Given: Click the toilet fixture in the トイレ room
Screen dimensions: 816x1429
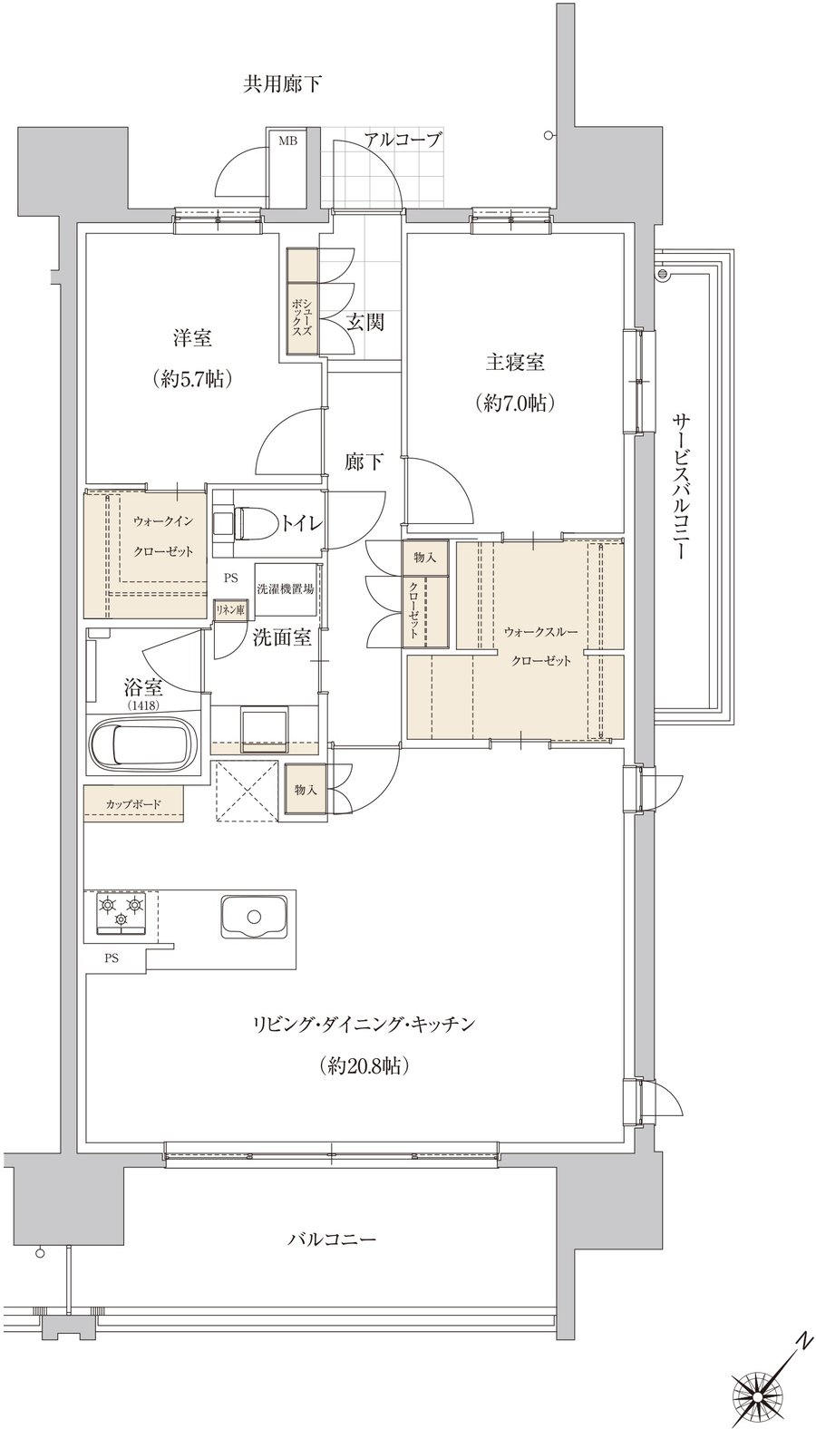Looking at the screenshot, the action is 245,525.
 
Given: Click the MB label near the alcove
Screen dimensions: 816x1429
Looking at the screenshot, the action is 285,141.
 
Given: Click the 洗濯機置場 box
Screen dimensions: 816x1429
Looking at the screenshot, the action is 286,589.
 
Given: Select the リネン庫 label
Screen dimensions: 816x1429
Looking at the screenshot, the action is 229,608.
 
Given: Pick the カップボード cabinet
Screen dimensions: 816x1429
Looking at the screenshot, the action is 134,804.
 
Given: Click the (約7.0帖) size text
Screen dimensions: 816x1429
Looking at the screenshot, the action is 513,403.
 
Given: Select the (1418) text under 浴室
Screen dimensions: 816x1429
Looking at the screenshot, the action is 143,705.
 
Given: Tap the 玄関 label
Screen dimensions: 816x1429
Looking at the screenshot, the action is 365,322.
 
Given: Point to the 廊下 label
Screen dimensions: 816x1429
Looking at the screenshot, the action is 364,462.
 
